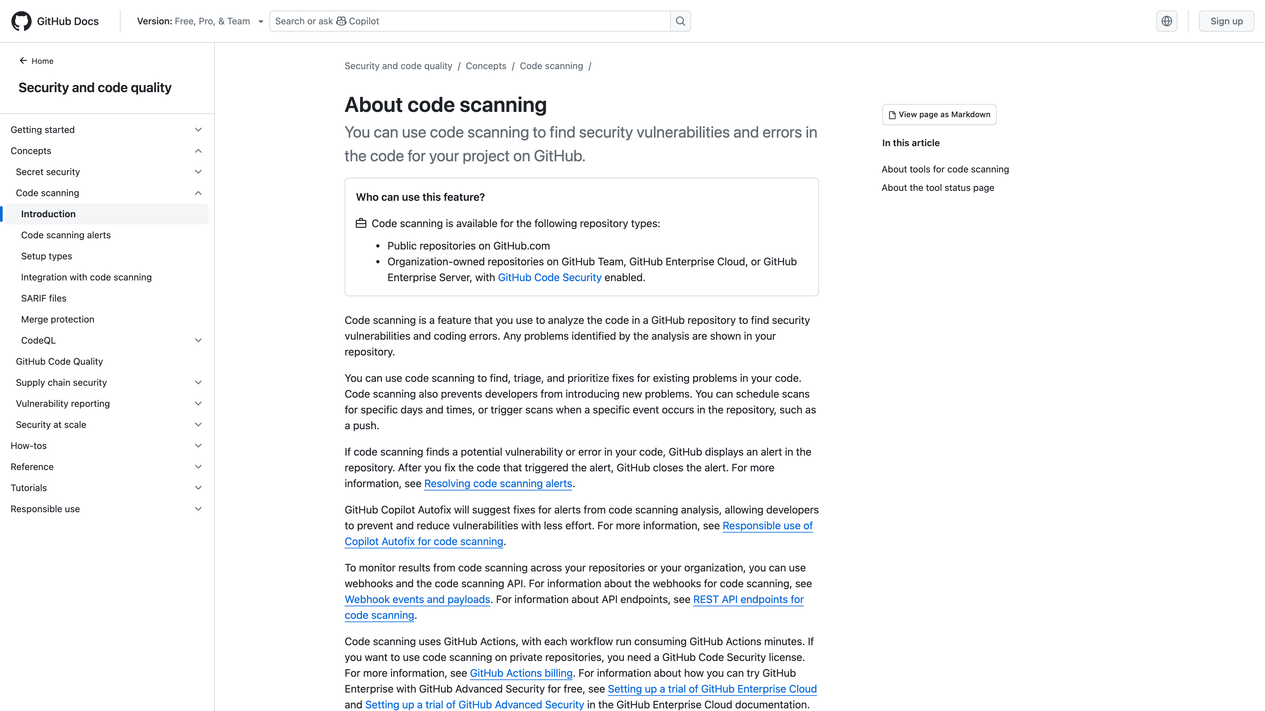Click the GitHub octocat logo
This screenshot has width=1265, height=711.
click(x=21, y=21)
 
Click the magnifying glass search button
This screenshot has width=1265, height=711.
click(x=680, y=21)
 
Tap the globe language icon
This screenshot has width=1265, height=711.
click(x=1166, y=21)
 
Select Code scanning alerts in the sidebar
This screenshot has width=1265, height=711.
click(x=66, y=235)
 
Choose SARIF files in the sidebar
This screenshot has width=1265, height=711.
click(x=44, y=298)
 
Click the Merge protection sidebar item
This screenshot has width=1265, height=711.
click(x=57, y=319)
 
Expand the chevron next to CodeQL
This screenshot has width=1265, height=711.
click(x=198, y=341)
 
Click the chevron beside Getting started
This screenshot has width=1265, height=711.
click(x=198, y=130)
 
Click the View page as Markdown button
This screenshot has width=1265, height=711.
click(x=939, y=114)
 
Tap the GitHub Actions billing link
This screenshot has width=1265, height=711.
click(x=521, y=673)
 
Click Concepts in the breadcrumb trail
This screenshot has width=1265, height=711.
click(x=486, y=66)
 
